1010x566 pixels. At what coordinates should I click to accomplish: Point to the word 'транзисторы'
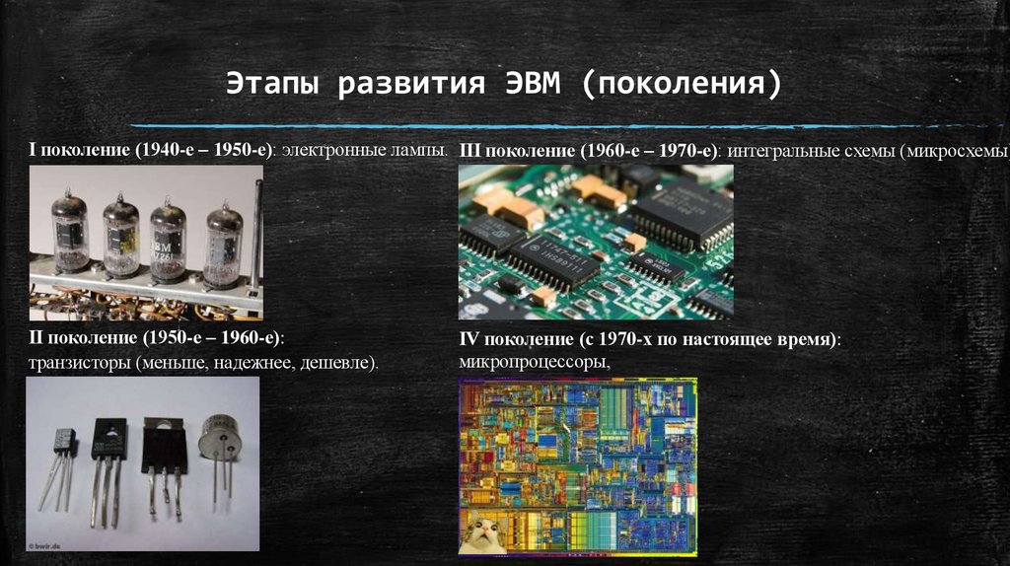point(80,364)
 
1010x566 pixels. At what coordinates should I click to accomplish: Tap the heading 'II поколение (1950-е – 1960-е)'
point(155,338)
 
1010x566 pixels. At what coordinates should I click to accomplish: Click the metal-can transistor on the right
point(220,440)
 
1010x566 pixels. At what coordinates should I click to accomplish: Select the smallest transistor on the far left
point(64,441)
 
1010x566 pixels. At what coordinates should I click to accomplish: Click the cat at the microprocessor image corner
point(482,533)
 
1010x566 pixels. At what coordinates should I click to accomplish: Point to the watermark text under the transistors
point(46,544)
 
